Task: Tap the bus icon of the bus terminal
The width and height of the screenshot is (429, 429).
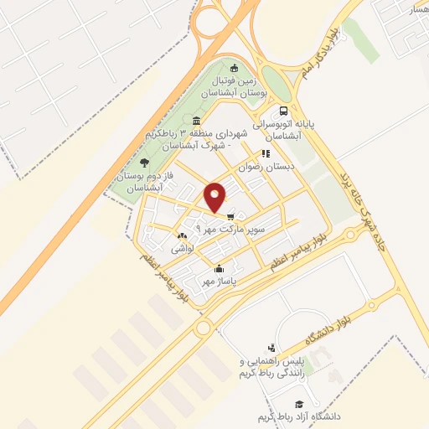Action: pos(284,111)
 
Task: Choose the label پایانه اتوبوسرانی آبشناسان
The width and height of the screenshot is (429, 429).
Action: pos(289,129)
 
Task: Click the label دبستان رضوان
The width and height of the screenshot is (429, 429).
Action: pos(267,167)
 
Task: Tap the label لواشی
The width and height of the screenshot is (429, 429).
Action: pos(183,226)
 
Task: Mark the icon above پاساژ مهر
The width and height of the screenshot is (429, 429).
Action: pos(220,269)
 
